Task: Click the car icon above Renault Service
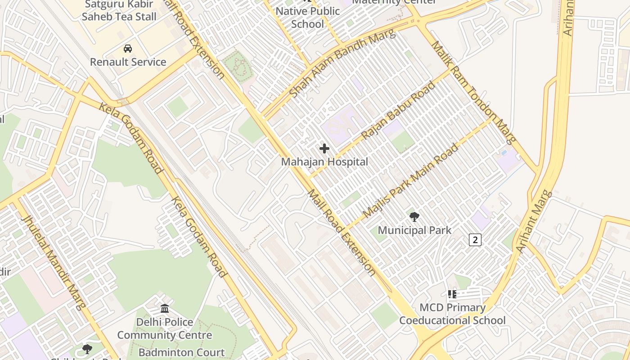pos(128,48)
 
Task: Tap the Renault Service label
pos(128,62)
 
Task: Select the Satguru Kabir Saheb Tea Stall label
pos(119,11)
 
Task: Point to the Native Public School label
pos(308,18)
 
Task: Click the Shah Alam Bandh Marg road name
pos(342,63)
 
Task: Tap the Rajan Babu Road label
pos(398,110)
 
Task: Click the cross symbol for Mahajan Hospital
pos(324,148)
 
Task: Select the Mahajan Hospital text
pos(324,162)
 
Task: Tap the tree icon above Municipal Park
pos(414,217)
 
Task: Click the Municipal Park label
pos(414,231)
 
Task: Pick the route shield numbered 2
pos(475,240)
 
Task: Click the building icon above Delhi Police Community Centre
pos(165,309)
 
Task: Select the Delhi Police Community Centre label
pos(165,328)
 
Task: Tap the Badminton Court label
pos(181,352)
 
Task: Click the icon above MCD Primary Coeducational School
pos(452,294)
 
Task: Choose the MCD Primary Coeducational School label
pos(452,314)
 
